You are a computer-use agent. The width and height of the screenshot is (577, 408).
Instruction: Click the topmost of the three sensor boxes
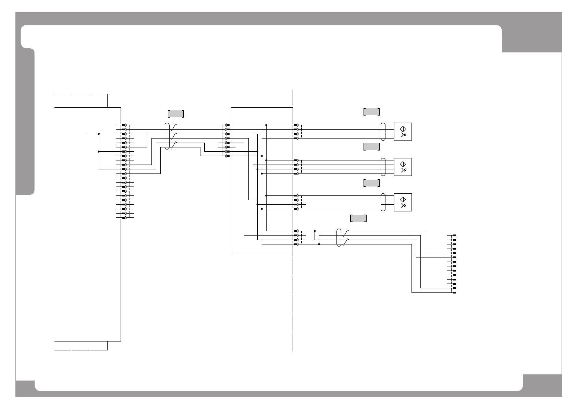click(403, 132)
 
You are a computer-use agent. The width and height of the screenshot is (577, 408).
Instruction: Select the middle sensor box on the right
click(403, 167)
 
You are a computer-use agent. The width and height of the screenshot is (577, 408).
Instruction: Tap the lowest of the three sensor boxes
click(403, 202)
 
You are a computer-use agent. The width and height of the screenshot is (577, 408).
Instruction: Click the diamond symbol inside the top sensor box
click(403, 129)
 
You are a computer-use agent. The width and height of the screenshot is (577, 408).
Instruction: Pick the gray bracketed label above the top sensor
click(371, 111)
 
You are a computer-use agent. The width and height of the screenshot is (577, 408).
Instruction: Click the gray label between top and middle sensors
click(371, 147)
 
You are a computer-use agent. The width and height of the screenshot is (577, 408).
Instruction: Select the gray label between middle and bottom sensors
click(371, 183)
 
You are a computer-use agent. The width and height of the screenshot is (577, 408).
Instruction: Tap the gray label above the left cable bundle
click(176, 113)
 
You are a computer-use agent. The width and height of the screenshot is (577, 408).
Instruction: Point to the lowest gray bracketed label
click(358, 218)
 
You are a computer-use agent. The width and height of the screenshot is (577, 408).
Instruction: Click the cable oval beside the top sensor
click(383, 132)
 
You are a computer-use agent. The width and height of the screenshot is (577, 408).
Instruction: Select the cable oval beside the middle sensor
click(383, 167)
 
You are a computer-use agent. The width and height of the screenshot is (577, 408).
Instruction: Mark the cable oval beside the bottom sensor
click(383, 202)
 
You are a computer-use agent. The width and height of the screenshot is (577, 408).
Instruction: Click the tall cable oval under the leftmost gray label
click(167, 136)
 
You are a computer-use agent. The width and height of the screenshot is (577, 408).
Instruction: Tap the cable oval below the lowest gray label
click(339, 238)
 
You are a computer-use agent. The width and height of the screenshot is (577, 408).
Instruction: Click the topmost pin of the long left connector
click(124, 125)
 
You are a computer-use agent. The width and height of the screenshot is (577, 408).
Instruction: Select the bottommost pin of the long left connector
click(124, 218)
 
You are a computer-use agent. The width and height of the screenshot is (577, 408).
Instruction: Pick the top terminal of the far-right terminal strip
click(454, 235)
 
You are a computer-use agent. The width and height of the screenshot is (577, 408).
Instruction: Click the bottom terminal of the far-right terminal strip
click(454, 293)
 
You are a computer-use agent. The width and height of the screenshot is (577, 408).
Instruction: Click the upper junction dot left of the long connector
click(99, 134)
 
